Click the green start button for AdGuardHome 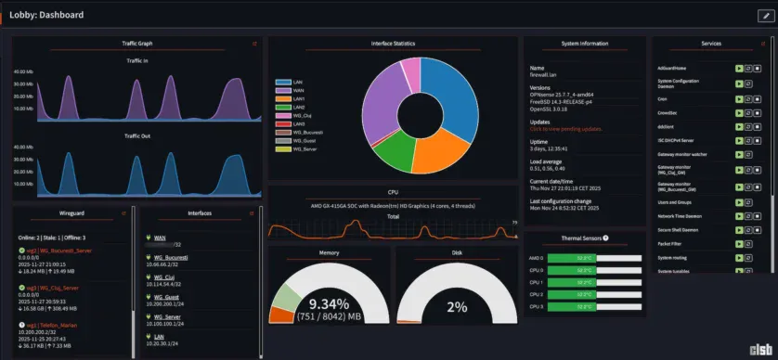[x=738, y=68]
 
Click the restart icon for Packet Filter [x=748, y=243]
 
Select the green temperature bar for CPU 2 [x=583, y=292]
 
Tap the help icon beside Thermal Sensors [x=605, y=238]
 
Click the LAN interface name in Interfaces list [x=160, y=337]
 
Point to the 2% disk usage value [x=457, y=307]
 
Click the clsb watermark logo [x=760, y=350]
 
